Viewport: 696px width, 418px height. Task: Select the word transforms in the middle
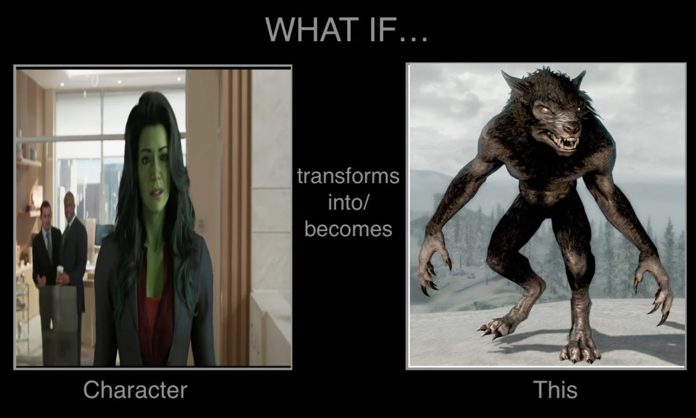click(348, 176)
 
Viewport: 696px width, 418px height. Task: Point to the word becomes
click(349, 229)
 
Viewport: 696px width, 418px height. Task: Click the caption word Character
click(135, 390)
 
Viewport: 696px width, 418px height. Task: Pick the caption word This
click(556, 390)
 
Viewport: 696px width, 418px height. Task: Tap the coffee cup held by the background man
click(60, 269)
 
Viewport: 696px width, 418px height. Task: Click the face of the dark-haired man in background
click(46, 214)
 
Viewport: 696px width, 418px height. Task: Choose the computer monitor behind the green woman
click(104, 234)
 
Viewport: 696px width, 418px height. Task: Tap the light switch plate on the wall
click(202, 225)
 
